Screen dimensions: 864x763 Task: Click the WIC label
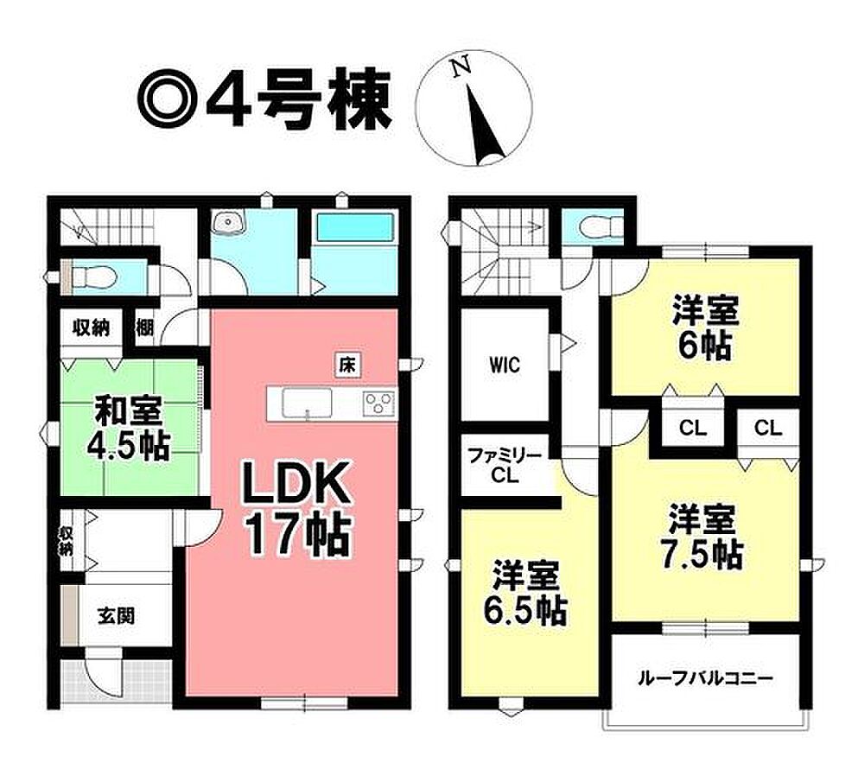505,366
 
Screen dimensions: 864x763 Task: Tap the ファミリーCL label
505,466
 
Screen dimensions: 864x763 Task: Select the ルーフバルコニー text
705,678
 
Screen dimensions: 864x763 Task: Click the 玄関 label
117,616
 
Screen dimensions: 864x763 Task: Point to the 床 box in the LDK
347,365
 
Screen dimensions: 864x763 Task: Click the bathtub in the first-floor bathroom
355,227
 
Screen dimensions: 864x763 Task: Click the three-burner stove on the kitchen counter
379,403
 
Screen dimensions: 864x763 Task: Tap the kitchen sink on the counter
307,403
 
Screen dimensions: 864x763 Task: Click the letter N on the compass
461,67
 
